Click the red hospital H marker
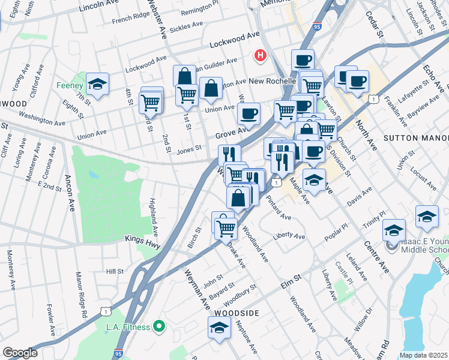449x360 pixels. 261,56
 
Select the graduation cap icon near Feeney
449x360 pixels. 97,85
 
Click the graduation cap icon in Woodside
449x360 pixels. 219,328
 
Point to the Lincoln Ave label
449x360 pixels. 100,7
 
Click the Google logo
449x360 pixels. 20,353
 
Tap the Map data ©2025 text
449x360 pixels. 424,355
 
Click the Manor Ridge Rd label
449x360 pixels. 82,295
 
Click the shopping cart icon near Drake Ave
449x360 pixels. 226,228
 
